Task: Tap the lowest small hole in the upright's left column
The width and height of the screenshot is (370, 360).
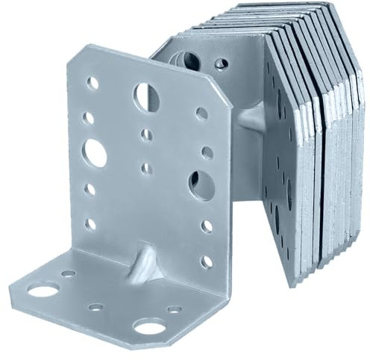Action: [x=92, y=223]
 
